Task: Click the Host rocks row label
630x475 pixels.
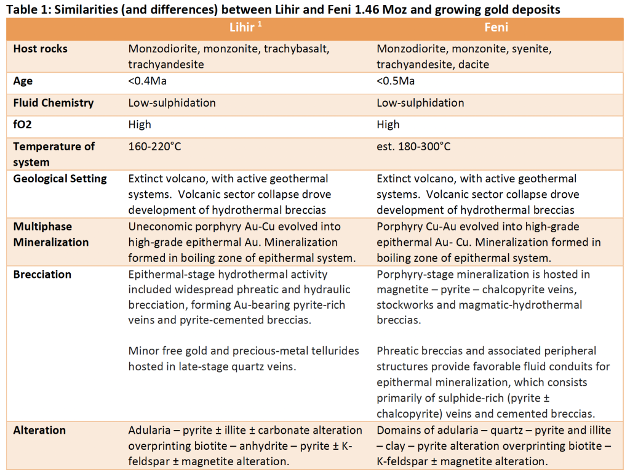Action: (x=41, y=49)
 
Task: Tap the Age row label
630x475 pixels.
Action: (x=23, y=81)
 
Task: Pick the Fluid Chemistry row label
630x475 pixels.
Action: (x=54, y=103)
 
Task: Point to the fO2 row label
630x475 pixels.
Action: (x=22, y=124)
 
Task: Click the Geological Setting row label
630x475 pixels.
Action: (x=60, y=179)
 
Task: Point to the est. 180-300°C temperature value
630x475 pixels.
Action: (x=413, y=147)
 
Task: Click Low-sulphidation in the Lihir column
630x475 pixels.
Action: (x=172, y=103)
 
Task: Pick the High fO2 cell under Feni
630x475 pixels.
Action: (x=388, y=124)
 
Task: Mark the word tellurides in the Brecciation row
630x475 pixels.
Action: (x=329, y=351)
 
